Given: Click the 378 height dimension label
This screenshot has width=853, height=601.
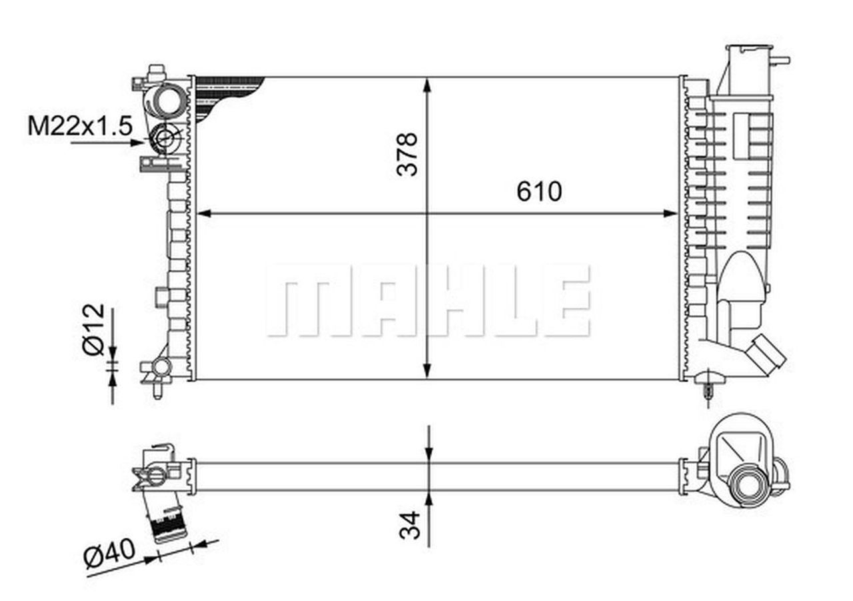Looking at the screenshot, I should point(407,154).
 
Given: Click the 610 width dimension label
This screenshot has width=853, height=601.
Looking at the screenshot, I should point(539,192).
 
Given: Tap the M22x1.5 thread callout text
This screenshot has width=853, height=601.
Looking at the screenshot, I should point(80,125).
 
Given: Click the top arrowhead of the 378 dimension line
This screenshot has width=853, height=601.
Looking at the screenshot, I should point(428,84).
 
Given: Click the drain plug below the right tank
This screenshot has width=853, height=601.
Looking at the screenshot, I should point(708,386).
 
